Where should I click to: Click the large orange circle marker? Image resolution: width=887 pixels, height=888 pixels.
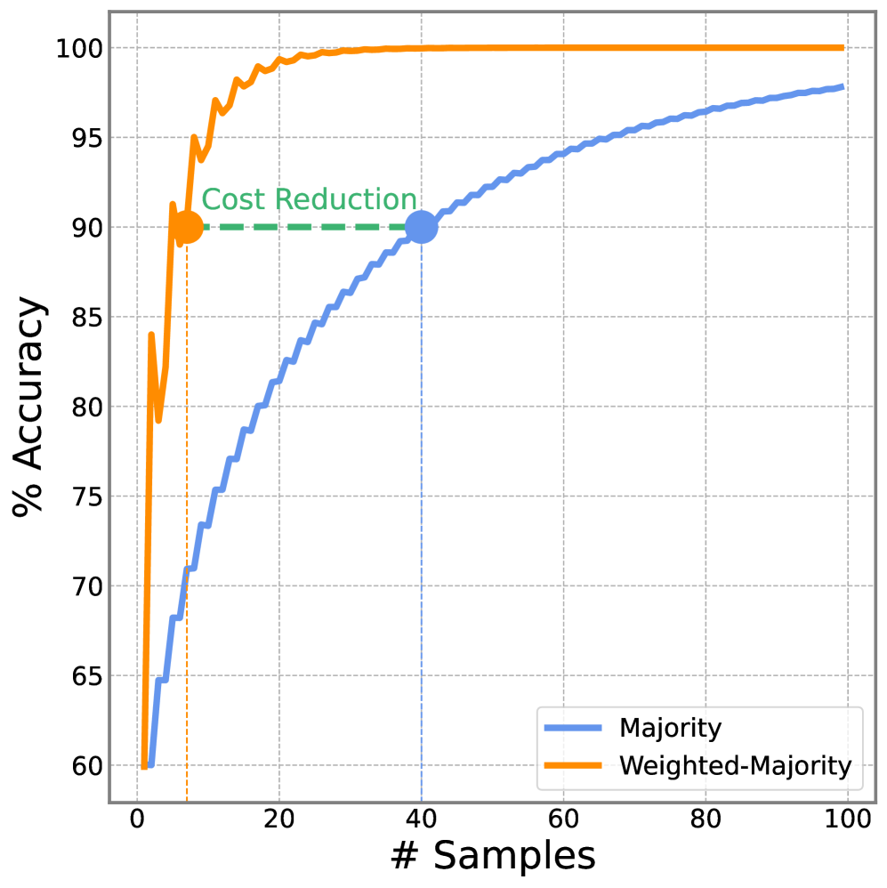[x=187, y=228]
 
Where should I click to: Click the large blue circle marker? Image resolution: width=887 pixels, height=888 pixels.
[x=421, y=228]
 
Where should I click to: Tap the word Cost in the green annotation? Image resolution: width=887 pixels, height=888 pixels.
[x=233, y=200]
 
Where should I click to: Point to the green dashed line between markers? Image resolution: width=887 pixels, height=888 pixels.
[x=302, y=228]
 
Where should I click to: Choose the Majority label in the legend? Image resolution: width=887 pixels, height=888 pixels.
[x=670, y=729]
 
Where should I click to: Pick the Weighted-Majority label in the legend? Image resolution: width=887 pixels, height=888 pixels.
[x=735, y=765]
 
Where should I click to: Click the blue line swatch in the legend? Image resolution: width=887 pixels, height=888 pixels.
[x=573, y=729]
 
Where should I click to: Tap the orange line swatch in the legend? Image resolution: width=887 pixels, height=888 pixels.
[x=573, y=765]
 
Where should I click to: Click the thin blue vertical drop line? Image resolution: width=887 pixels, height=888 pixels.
[x=421, y=534]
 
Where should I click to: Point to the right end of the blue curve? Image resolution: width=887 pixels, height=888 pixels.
[x=842, y=87]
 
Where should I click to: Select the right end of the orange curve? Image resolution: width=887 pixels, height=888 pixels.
[x=842, y=48]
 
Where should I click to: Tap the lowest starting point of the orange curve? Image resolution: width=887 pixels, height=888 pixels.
[x=143, y=765]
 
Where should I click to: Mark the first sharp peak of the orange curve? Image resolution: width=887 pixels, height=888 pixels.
[x=151, y=335]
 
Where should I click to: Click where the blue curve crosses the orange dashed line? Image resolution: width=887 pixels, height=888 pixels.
[x=187, y=569]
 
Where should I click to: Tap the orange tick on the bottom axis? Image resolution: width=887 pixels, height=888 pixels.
[x=187, y=800]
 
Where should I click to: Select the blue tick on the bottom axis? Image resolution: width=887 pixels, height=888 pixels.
[x=421, y=800]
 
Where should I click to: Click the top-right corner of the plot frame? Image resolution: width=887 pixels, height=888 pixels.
[x=875, y=12]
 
